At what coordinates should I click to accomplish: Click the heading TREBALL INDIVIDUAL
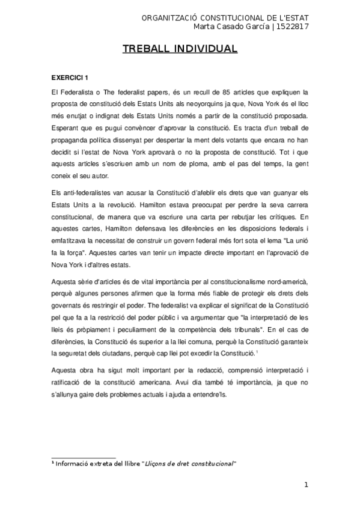pos(180,49)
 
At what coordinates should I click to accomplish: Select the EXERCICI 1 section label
pos(70,78)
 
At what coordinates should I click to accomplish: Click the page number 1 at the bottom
pos(306,485)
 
